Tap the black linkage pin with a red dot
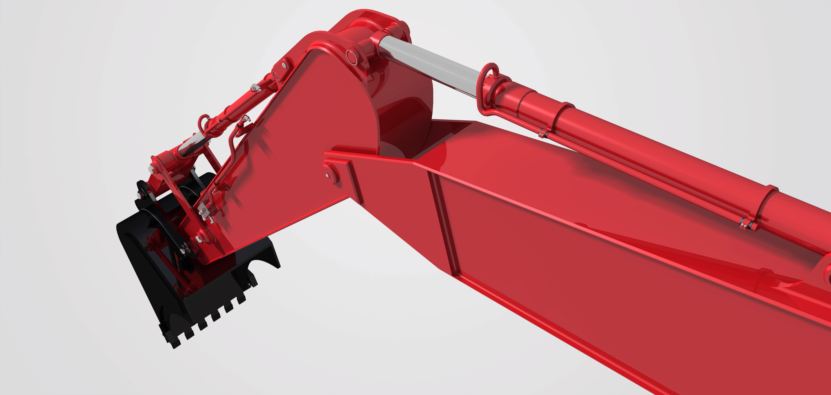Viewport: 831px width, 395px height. pyautogui.click(x=185, y=249)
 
